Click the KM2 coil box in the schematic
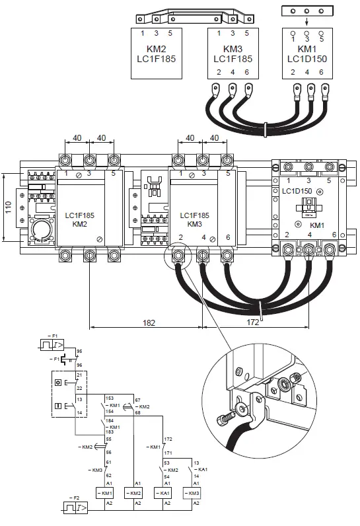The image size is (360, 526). pyautogui.click(x=135, y=493)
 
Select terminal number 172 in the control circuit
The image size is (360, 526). pyautogui.click(x=168, y=439)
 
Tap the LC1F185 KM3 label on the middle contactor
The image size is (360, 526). pyautogui.click(x=194, y=219)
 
